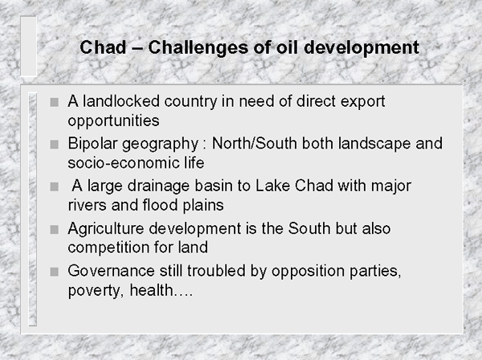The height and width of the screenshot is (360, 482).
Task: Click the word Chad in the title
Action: pyautogui.click(x=103, y=47)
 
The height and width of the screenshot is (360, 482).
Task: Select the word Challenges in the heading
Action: pyautogui.click(x=198, y=48)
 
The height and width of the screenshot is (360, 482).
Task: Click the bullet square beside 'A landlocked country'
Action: pyautogui.click(x=55, y=102)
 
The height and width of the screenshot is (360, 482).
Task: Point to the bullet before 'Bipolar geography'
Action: pyautogui.click(x=55, y=144)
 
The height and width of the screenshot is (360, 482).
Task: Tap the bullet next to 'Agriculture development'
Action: pyautogui.click(x=55, y=229)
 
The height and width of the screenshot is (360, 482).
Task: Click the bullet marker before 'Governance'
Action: pyautogui.click(x=55, y=272)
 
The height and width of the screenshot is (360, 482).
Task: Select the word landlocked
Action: pyautogui.click(x=121, y=101)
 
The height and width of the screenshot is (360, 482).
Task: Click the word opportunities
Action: pyautogui.click(x=114, y=121)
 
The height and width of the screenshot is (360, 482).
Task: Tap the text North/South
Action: pyautogui.click(x=255, y=143)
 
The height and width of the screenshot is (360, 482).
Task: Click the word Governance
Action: pyautogui.click(x=112, y=271)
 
